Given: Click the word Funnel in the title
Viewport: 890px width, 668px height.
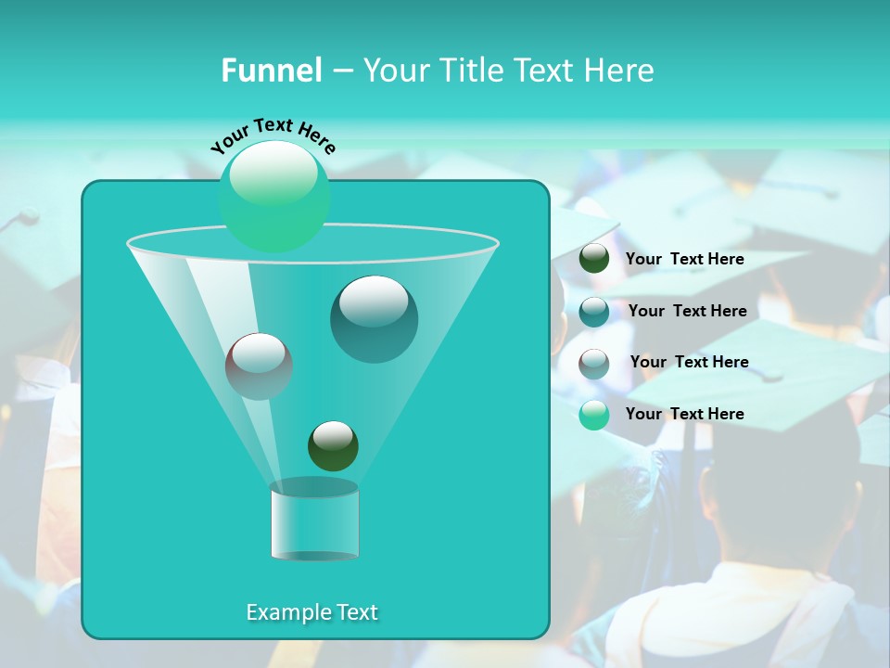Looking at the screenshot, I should (x=271, y=71).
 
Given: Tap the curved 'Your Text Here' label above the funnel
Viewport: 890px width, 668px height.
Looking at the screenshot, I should (x=273, y=135).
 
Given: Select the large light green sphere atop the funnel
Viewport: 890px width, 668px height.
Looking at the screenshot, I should (x=274, y=196).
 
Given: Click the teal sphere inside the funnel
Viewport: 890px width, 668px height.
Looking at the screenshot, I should (x=374, y=319).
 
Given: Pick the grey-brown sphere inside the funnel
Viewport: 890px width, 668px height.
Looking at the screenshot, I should (x=259, y=366).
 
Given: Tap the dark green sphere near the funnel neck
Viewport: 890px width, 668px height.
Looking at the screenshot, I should (x=333, y=445).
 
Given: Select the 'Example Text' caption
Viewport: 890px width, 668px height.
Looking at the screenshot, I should (x=311, y=612).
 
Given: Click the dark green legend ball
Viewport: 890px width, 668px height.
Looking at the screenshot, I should (x=594, y=259).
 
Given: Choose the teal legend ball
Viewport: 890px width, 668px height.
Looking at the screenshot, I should (x=594, y=311).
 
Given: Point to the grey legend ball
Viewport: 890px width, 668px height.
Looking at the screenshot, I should (x=594, y=363).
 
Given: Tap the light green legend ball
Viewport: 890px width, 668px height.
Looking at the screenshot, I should (x=594, y=415).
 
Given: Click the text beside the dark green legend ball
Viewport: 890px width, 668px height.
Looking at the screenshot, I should (x=684, y=260).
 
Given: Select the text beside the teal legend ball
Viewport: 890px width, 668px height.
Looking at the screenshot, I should (x=687, y=311).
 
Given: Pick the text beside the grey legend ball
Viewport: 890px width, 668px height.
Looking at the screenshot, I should (x=689, y=362).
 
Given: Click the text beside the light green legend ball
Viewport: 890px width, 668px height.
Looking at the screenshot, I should (x=684, y=414).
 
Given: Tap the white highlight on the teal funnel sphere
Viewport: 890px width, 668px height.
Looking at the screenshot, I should (x=373, y=302).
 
